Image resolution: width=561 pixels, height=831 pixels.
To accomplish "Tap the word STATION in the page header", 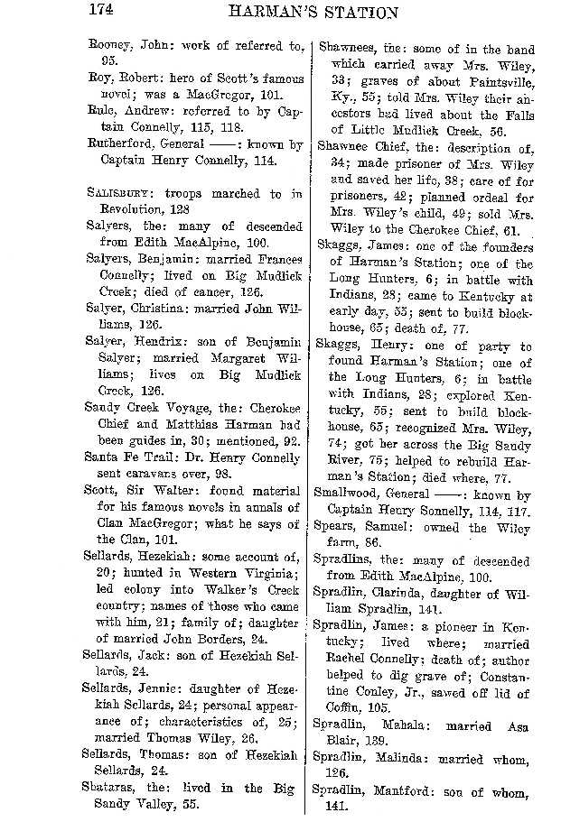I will [358, 13].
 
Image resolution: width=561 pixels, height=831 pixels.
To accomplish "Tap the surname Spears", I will [333, 529].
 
